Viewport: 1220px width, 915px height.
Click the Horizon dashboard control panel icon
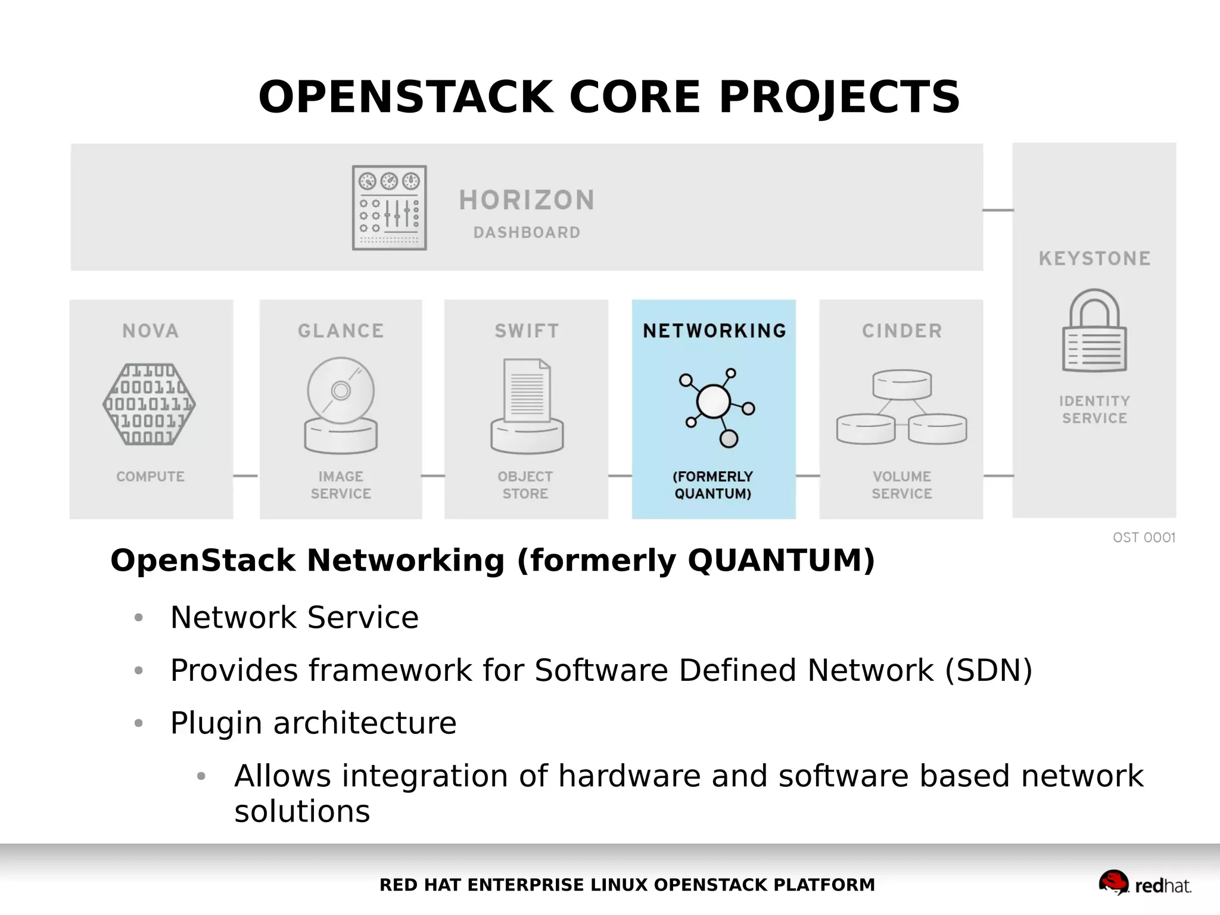(389, 207)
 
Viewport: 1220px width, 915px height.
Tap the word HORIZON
(527, 200)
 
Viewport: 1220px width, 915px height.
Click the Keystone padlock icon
(1094, 331)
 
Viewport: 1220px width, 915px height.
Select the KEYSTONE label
(1094, 259)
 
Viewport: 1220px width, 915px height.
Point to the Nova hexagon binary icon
(150, 404)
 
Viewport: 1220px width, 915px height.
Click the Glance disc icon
(341, 405)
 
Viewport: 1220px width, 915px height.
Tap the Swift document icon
(527, 405)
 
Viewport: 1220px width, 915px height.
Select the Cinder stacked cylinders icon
(901, 407)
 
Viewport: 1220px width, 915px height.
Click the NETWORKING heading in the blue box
(714, 331)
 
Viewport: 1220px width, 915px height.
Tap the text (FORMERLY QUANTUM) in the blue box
(713, 485)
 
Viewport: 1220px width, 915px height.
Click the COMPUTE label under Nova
(150, 477)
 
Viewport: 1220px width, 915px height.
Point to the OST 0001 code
(1144, 537)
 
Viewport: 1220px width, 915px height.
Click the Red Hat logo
(1144, 884)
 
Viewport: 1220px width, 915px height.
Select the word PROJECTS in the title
(839, 97)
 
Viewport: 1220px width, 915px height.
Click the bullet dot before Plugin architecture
(139, 723)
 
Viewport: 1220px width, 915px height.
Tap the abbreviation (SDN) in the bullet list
(988, 670)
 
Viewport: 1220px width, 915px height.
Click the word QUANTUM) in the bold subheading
(781, 561)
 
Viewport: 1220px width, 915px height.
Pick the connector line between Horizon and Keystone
(998, 210)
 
